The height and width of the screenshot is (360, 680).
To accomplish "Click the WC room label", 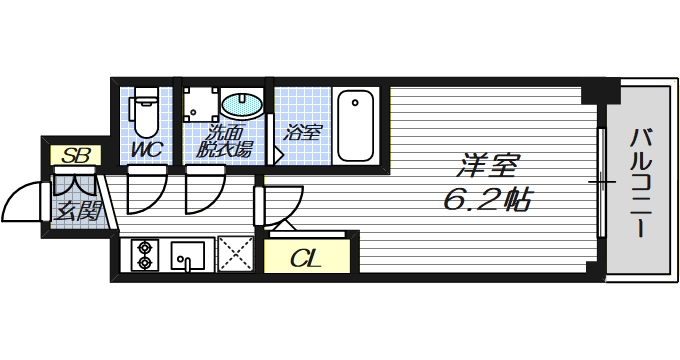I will [148, 151].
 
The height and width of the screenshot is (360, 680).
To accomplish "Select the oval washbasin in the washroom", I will [240, 105].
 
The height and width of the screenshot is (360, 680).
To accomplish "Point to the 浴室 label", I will [301, 131].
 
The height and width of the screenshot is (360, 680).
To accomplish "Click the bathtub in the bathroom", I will [355, 125].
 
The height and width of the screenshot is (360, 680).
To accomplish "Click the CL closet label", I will [305, 259].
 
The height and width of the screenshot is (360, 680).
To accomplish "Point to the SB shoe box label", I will [72, 155].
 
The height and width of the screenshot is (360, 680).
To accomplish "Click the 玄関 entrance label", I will [76, 211].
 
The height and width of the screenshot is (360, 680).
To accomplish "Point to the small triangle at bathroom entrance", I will [279, 156].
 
